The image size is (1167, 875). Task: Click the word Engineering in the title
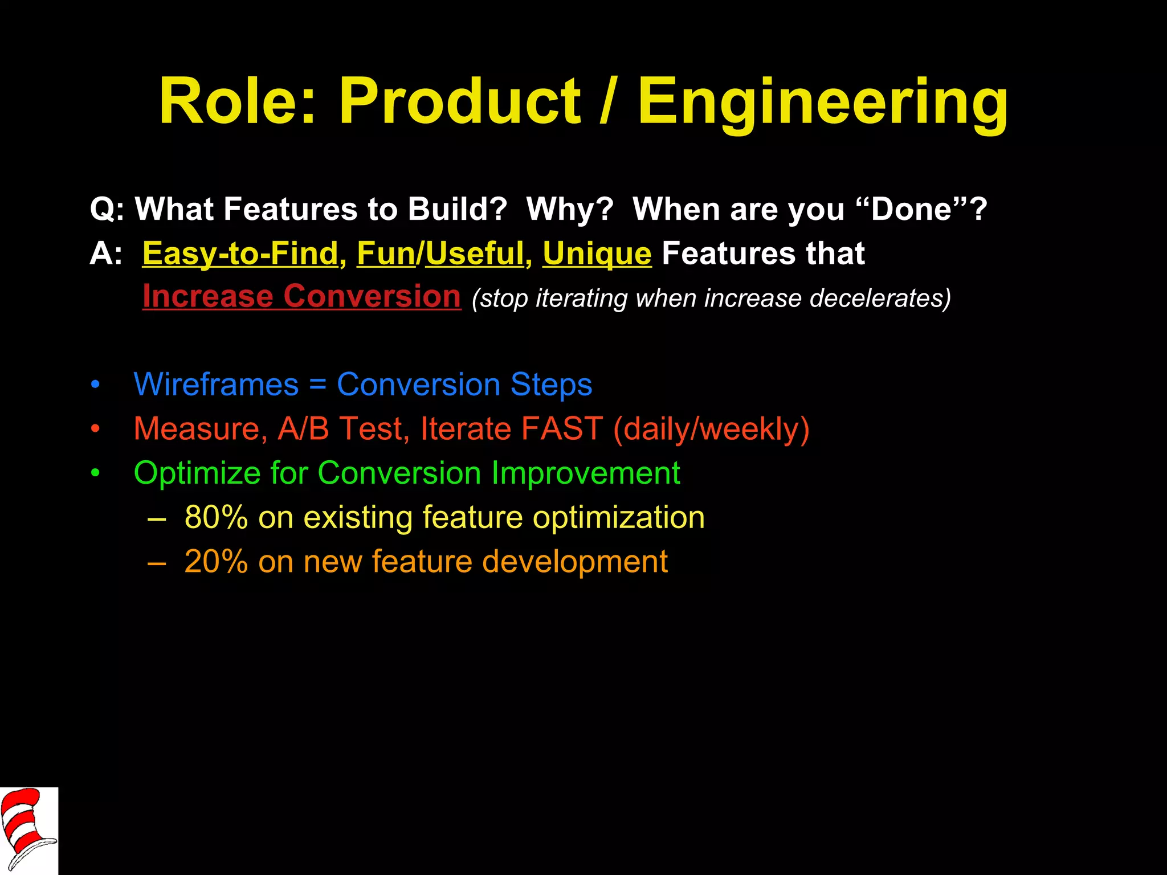pos(822,103)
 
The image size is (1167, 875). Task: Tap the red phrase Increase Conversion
pos(301,296)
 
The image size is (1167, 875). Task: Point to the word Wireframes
pos(216,384)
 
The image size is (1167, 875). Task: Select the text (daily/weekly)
pos(711,428)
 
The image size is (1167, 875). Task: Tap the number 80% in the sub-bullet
pos(216,517)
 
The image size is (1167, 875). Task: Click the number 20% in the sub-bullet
pos(216,562)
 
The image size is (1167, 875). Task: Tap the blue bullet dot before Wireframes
pos(95,385)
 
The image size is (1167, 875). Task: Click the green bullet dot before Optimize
pos(95,474)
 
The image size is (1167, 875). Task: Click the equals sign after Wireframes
pos(317,385)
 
